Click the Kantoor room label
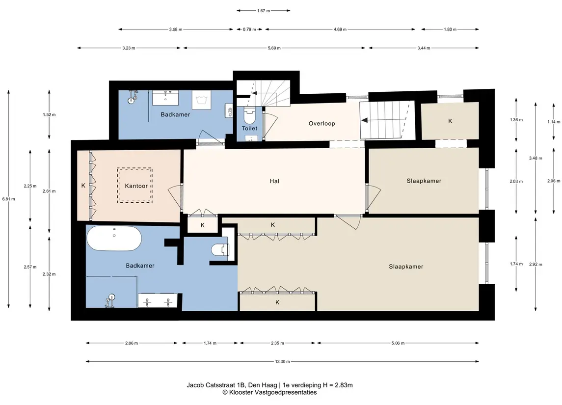coord(136,186)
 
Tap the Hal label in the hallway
coord(274,181)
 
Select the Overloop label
coord(322,124)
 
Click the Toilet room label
coord(249,128)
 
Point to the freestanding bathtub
coord(114,239)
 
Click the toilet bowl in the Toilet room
coord(249,116)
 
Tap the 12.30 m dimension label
coord(282,362)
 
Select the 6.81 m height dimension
coord(9,199)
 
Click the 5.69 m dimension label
coord(274,48)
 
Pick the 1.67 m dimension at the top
coord(264,11)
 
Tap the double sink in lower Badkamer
coord(158,300)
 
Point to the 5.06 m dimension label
coord(398,343)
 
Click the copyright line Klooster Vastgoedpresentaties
coord(269,392)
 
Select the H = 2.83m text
coord(338,385)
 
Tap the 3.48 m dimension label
coord(535,158)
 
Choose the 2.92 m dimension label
coord(535,265)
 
